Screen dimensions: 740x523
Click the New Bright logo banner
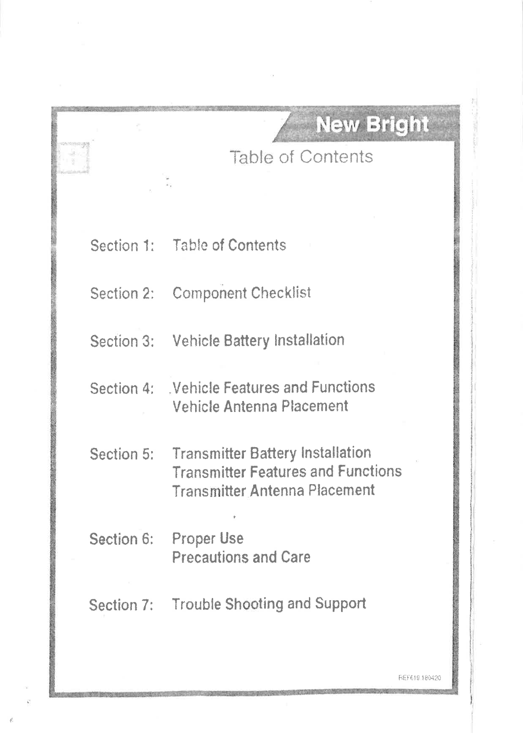tap(372, 125)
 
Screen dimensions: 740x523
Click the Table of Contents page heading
tap(301, 157)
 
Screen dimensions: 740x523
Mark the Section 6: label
tap(122, 539)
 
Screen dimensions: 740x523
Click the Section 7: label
tap(122, 605)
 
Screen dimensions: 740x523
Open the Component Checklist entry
tap(242, 293)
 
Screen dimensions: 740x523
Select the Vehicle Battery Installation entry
tap(258, 340)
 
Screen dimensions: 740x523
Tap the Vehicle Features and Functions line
tap(273, 387)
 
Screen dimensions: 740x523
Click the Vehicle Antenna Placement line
tap(260, 406)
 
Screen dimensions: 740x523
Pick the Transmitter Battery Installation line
tap(272, 453)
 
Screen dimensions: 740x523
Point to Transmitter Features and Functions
tap(287, 472)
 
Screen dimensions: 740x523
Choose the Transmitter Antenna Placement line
tap(273, 490)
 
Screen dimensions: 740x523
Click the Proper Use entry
tap(207, 539)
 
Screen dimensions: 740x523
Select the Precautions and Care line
tap(241, 558)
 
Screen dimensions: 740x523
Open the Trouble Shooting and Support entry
tap(269, 604)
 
